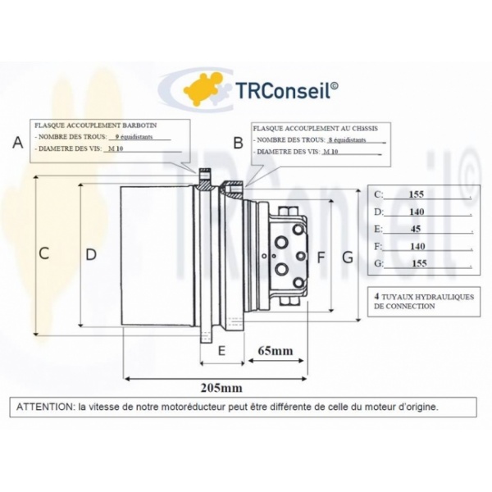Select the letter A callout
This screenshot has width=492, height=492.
18,142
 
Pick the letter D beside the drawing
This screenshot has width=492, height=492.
91,254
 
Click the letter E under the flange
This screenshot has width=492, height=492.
221,351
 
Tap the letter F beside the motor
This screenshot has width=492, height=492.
321,257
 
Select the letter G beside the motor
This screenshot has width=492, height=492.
348,257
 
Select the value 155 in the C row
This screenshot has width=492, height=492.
417,194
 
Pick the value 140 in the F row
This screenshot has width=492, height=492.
417,246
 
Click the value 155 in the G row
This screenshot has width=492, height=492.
418,263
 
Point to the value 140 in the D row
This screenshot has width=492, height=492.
417,212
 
